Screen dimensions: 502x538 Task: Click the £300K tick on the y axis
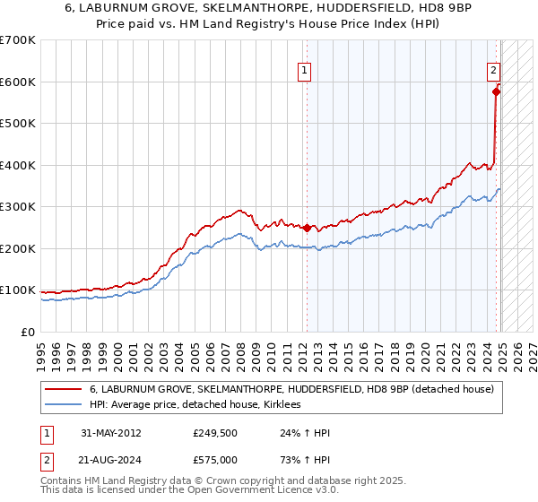(18, 207)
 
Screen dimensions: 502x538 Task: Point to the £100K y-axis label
(18, 290)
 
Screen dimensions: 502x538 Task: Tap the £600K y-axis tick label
(18, 82)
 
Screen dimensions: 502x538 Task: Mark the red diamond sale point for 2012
(306, 228)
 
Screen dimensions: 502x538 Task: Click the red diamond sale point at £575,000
(496, 91)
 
